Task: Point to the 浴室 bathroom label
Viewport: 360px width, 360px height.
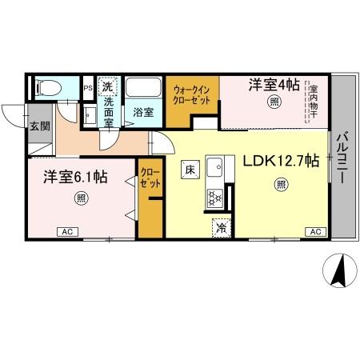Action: pyautogui.click(x=143, y=113)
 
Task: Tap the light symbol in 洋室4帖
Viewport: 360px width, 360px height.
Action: pyautogui.click(x=274, y=101)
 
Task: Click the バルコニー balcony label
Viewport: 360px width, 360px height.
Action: pyautogui.click(x=342, y=159)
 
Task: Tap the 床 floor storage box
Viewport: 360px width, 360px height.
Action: pyautogui.click(x=190, y=170)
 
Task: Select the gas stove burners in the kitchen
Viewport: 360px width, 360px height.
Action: pyautogui.click(x=215, y=197)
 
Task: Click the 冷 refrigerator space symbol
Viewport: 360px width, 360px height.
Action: pyautogui.click(x=221, y=228)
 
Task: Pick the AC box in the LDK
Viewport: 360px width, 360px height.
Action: pyautogui.click(x=314, y=232)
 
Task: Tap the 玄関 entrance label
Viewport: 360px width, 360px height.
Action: pyautogui.click(x=39, y=126)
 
